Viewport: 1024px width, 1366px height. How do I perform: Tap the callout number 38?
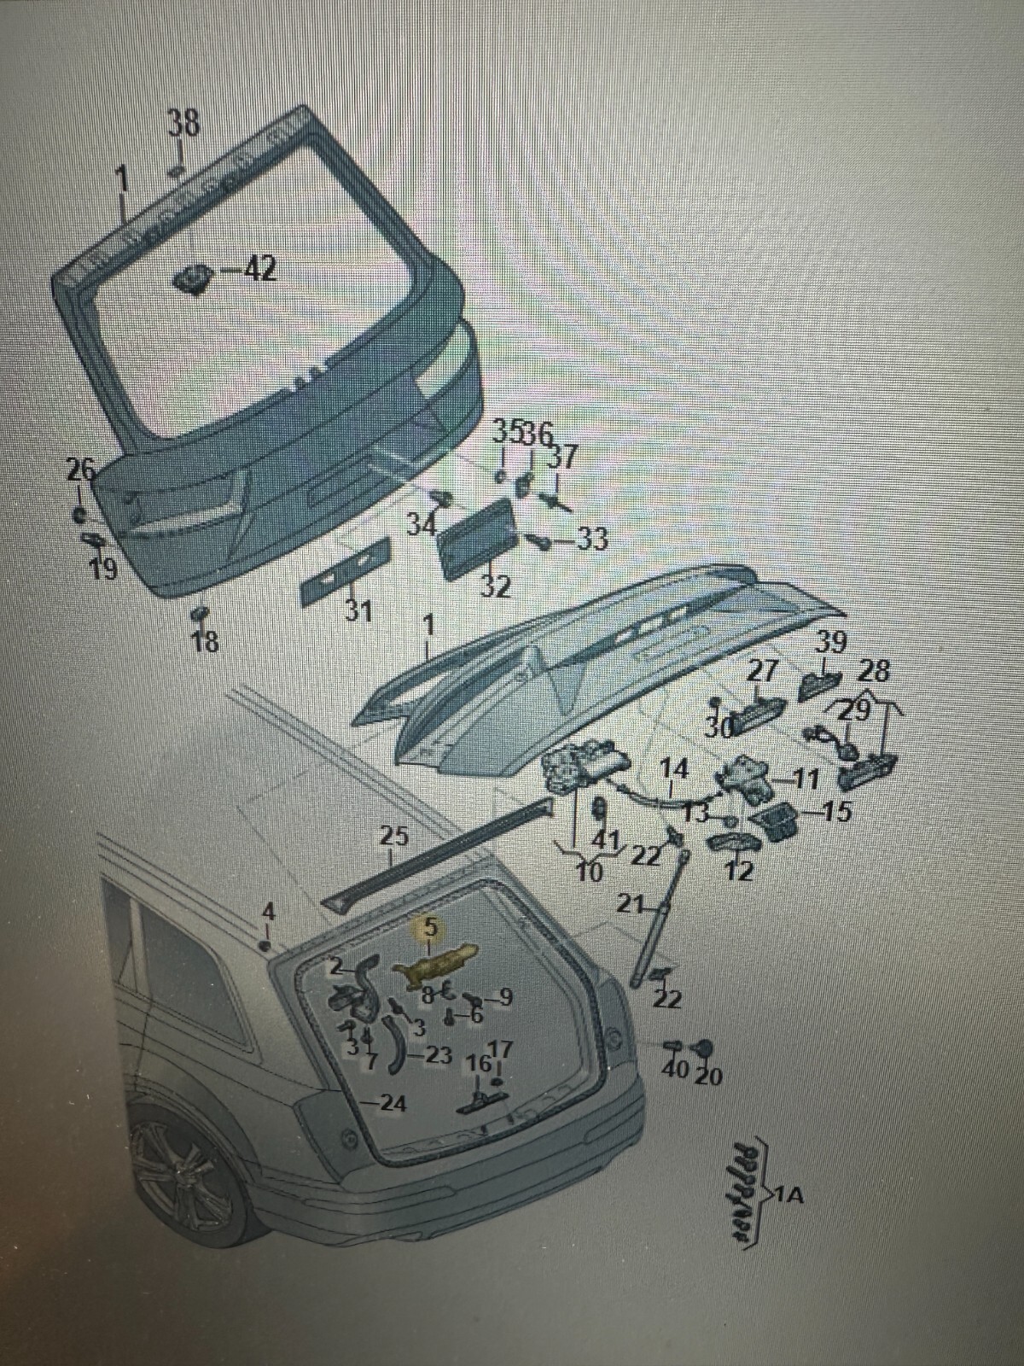pyautogui.click(x=183, y=125)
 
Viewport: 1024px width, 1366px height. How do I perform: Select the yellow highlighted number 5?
pyautogui.click(x=429, y=925)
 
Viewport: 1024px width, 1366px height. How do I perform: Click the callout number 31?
pyautogui.click(x=359, y=611)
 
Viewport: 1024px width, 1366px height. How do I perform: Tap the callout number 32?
pyautogui.click(x=495, y=587)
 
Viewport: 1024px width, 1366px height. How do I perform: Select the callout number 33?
pyautogui.click(x=591, y=539)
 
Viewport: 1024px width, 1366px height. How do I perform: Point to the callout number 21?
pyautogui.click(x=629, y=906)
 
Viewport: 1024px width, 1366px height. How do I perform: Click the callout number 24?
pyautogui.click(x=393, y=1104)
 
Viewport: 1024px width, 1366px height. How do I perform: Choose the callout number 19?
pyautogui.click(x=104, y=569)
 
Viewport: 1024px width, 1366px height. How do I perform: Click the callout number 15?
pyautogui.click(x=839, y=811)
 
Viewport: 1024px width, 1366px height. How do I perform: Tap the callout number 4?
pyautogui.click(x=268, y=912)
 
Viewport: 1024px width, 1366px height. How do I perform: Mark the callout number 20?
pyautogui.click(x=708, y=1076)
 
